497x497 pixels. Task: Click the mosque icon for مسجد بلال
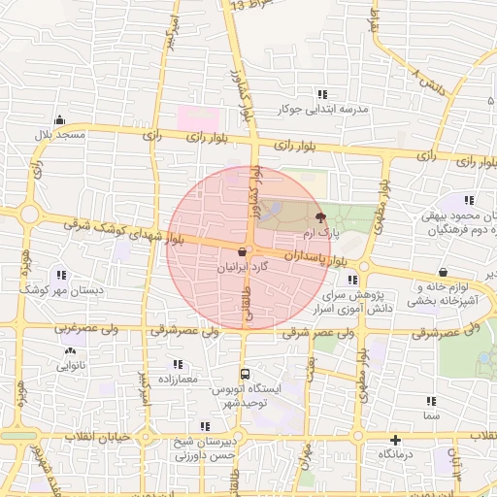pos(61,120)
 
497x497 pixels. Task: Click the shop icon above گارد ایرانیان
pos(240,250)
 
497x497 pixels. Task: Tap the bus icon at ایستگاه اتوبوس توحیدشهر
pos(245,373)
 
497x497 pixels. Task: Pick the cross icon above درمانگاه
pos(395,439)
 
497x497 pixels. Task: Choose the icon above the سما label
pos(430,401)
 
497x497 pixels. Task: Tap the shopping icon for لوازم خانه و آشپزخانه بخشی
pos(444,273)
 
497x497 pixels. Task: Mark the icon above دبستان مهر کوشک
pos(63,275)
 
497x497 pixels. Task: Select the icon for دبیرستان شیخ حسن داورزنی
pos(204,426)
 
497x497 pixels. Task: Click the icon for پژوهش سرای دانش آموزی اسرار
pos(351,280)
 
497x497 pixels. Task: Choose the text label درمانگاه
pos(397,453)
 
